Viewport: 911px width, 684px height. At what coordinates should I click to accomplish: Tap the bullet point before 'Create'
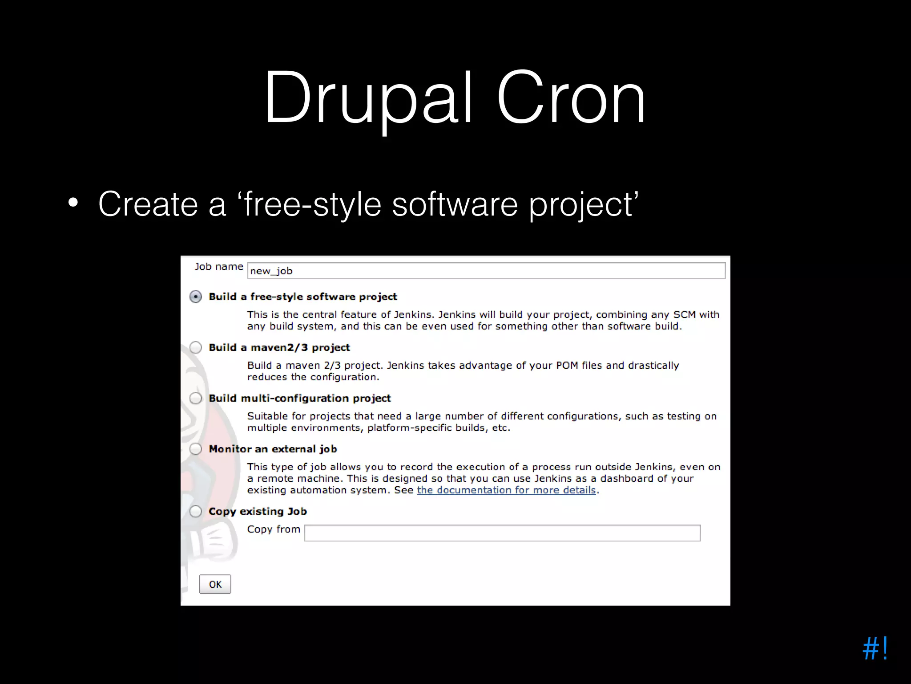click(73, 204)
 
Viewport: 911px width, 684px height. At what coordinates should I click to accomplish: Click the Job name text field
click(486, 271)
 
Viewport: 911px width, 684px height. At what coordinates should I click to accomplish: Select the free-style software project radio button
click(196, 297)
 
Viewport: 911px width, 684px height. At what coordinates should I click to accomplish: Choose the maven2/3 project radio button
click(196, 347)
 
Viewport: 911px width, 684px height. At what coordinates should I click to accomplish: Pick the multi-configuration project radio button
click(196, 398)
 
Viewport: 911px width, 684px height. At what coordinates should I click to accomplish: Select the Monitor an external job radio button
click(196, 449)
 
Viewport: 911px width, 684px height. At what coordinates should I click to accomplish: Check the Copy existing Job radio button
click(196, 511)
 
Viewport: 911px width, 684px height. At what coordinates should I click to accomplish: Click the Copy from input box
click(502, 533)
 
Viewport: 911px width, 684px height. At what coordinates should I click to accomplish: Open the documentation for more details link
click(506, 490)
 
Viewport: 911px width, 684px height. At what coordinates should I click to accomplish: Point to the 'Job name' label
click(218, 267)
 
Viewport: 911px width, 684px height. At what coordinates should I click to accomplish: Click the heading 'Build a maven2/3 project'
click(279, 347)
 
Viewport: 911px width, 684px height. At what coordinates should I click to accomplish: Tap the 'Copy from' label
click(274, 529)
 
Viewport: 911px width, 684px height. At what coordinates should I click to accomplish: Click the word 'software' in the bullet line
click(455, 204)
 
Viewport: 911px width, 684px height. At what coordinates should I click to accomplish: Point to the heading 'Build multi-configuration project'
click(299, 398)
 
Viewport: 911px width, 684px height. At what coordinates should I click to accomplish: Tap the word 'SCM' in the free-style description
click(684, 315)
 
